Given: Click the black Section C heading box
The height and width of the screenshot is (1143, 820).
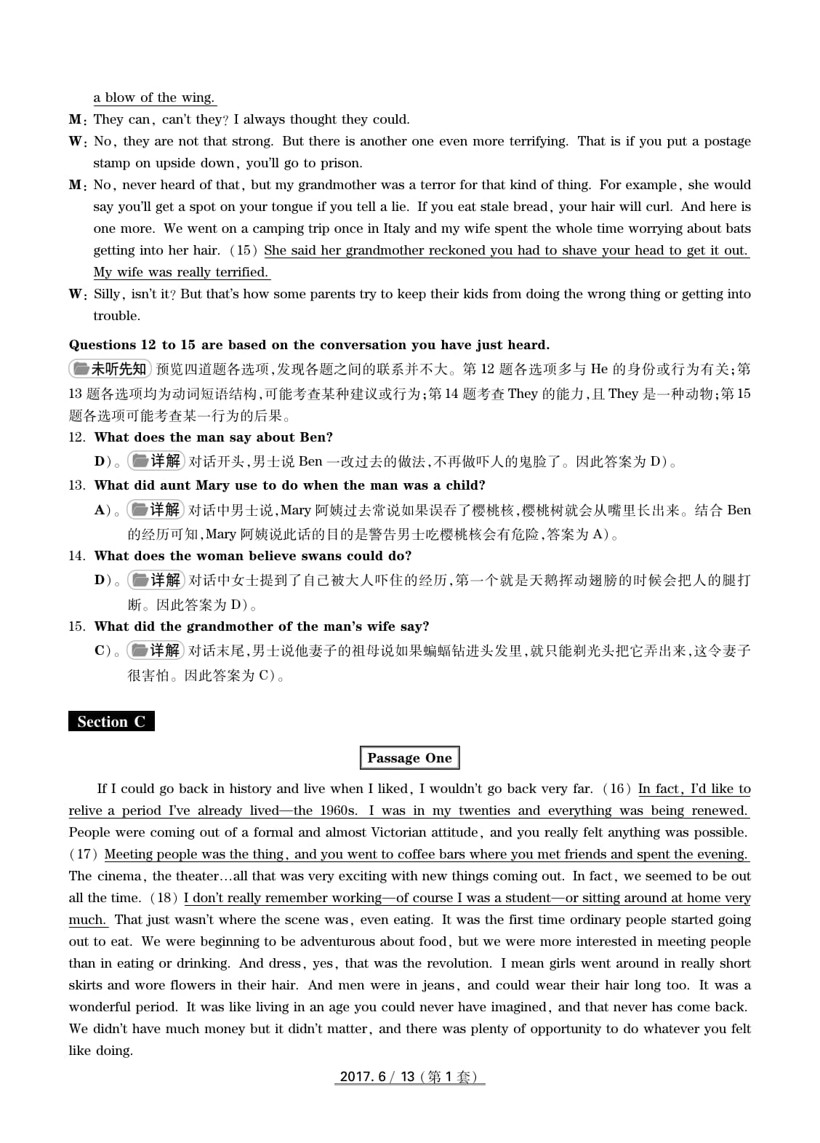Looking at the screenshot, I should tap(111, 721).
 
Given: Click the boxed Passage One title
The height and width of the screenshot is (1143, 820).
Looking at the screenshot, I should tap(409, 757).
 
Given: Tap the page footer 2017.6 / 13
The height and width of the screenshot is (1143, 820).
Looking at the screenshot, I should tap(409, 1076).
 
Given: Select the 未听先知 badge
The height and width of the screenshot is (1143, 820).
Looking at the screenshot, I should tap(110, 369).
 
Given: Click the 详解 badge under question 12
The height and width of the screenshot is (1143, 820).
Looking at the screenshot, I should tap(156, 461).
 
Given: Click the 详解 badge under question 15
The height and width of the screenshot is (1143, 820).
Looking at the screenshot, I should tap(156, 650).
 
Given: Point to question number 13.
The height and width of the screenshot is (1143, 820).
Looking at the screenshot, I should tap(76, 485).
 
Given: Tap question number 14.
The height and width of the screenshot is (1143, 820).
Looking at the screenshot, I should tap(76, 556).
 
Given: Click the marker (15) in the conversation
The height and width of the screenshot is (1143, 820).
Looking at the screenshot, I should tap(244, 250).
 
